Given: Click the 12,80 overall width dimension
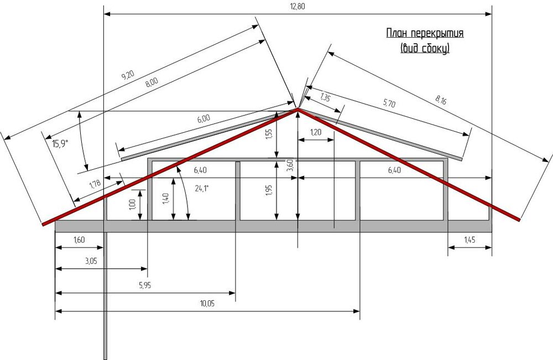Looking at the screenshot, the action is coord(298,6).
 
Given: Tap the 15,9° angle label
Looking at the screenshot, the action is coord(60,144).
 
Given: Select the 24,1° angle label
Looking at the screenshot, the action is coord(202,188).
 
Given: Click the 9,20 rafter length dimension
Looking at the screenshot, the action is coord(128,75).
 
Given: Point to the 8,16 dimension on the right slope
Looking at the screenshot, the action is coord(441,100).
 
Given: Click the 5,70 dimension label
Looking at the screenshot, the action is coord(389,103).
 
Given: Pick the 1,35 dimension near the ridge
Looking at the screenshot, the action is coord(325,97).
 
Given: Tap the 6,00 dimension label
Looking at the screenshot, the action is coord(204,118).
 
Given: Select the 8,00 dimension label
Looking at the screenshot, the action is coord(152,82).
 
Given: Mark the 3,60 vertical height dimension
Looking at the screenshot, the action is coord(290,165).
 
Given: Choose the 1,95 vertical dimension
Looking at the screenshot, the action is coord(269,190).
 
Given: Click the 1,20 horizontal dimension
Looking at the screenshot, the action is coord(316,132).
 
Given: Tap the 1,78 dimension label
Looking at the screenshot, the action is coord(95,184).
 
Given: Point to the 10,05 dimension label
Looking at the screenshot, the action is coord(207,303).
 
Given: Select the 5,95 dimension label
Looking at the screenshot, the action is coord(145,285).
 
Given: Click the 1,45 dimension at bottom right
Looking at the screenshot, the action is coord(469,240).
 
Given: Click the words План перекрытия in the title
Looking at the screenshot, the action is coord(425,33).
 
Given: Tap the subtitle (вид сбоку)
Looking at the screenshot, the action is coord(425,48).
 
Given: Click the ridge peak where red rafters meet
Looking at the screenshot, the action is coord(298,109).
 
